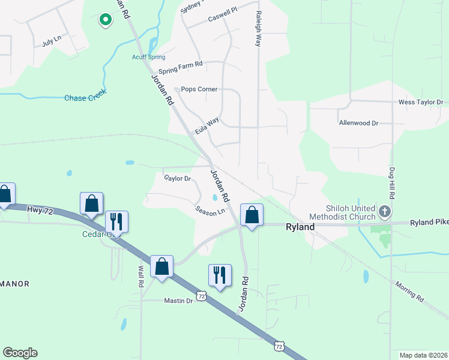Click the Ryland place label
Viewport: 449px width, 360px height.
pos(300,227)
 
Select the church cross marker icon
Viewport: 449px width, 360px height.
pos(385,211)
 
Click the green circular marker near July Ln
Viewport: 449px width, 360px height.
pos(106,20)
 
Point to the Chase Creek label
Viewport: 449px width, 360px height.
pos(85,98)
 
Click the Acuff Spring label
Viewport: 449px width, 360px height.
pos(149,57)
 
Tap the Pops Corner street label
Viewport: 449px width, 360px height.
pos(199,89)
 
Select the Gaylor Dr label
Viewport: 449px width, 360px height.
pos(177,178)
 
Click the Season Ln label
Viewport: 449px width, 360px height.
pos(210,211)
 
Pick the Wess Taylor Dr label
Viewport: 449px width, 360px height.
pos(421,103)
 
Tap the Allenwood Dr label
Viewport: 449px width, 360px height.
pos(358,123)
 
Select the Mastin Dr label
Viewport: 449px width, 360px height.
pos(178,301)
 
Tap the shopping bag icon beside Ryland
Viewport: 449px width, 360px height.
pos(252,214)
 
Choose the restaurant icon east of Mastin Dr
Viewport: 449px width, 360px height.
pos(219,275)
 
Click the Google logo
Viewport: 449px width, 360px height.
pos(20,353)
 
